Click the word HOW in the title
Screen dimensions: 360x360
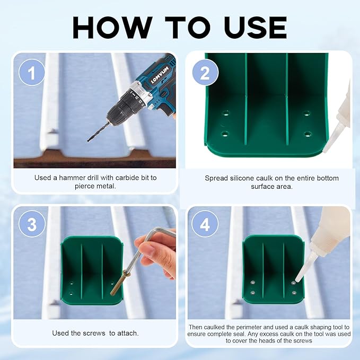coord(112,28)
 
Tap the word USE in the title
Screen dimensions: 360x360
coord(256,28)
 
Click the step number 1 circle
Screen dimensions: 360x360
coord(32,73)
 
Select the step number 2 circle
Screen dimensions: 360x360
coord(205,73)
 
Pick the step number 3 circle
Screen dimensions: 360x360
coord(32,224)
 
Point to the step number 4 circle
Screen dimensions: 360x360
coord(205,224)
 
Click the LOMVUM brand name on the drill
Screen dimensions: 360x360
coord(160,75)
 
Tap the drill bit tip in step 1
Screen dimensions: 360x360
coord(88,141)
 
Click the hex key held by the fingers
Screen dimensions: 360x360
coord(147,248)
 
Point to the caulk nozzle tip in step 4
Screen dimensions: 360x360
coord(297,280)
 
